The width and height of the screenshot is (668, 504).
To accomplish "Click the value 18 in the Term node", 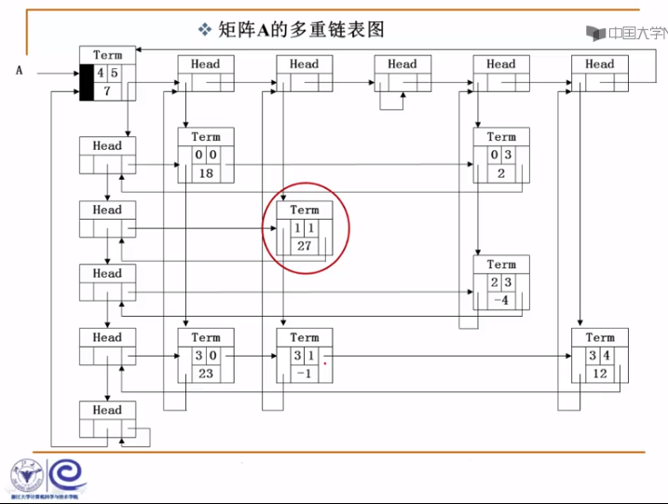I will pos(206,172).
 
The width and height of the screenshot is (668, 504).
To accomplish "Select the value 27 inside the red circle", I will pos(305,246).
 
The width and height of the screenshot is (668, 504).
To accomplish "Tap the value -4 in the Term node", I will pos(501,300).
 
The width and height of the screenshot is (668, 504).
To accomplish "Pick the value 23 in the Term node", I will pos(206,373).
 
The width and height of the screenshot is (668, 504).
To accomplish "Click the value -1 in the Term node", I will pos(305,373).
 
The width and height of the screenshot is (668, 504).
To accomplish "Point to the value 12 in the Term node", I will pos(600,373).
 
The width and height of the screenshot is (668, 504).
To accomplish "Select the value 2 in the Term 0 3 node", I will pos(501,172).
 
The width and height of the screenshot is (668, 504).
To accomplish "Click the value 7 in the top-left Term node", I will pos(107,90).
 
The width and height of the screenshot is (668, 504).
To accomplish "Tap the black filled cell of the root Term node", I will pos(86,82).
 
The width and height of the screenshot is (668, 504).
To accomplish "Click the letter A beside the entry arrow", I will pos(18,70).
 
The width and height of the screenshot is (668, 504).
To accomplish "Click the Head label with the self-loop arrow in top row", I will pos(402,64).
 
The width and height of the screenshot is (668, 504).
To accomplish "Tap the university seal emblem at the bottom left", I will pos(27,476).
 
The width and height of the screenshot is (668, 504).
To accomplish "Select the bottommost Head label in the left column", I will pos(107,410).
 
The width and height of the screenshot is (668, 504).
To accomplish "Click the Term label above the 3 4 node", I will pos(600,337).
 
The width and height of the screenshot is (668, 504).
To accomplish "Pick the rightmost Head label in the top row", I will pos(600,64).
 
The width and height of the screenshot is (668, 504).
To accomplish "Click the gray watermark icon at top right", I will pos(595,33).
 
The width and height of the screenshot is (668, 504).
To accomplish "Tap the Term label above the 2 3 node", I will pos(501,265).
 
